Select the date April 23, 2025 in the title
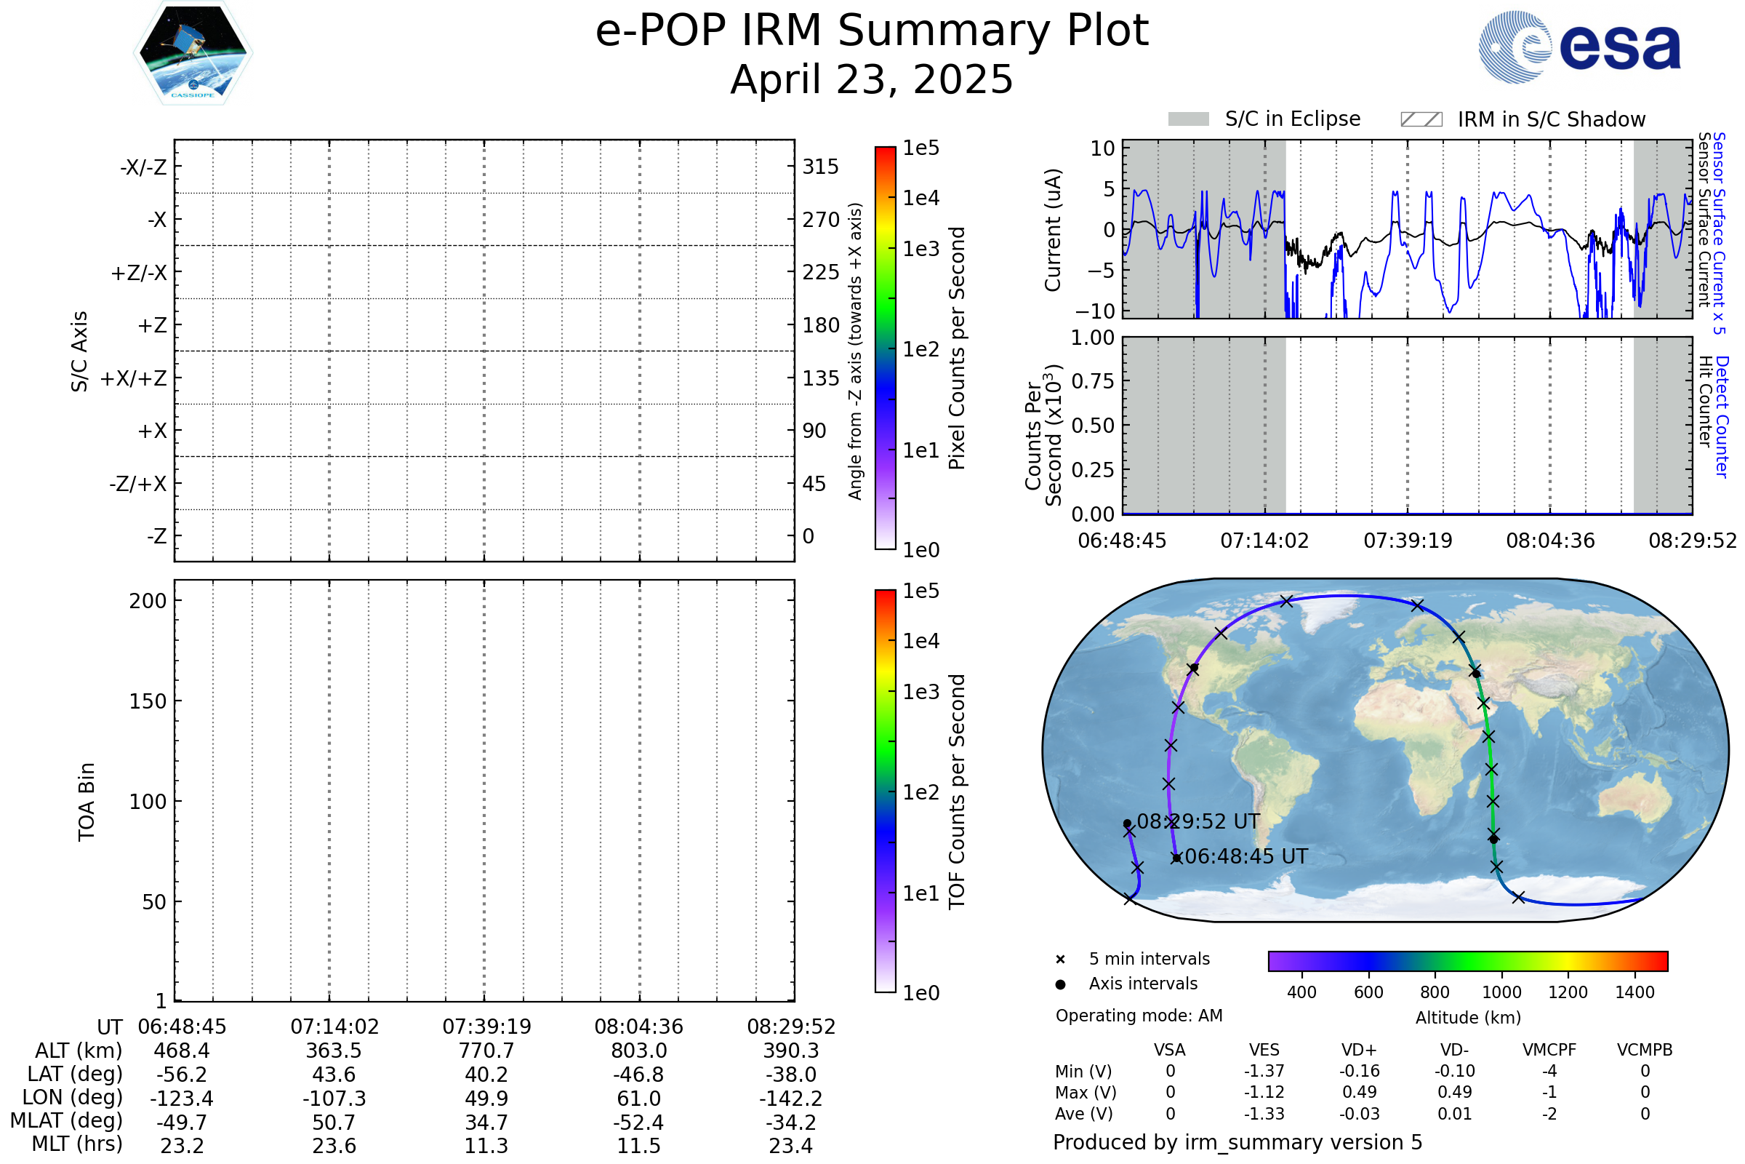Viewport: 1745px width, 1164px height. click(x=872, y=79)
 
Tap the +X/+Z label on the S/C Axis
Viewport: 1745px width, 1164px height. click(x=134, y=378)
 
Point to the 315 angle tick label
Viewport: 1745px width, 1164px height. click(x=820, y=167)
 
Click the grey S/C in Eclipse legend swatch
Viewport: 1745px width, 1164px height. click(x=1188, y=119)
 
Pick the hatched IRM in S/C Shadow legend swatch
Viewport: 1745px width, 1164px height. click(x=1421, y=119)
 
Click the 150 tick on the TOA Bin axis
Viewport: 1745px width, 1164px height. click(x=148, y=701)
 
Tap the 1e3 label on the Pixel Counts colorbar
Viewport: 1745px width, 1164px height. click(x=920, y=249)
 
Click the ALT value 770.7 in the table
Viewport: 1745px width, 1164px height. click(x=486, y=1051)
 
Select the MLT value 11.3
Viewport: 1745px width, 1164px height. click(x=486, y=1145)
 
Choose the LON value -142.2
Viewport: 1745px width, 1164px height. click(x=791, y=1098)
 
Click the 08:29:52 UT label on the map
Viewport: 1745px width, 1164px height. click(x=1198, y=822)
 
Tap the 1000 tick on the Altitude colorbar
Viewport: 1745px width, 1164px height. click(x=1501, y=992)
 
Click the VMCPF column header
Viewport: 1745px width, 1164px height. click(x=1549, y=1050)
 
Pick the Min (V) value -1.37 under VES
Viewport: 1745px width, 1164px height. click(x=1264, y=1071)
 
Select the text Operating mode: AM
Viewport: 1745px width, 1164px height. click(x=1139, y=1016)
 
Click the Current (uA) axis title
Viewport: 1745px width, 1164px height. click(x=1053, y=230)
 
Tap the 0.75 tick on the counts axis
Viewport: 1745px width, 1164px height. click(x=1092, y=381)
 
